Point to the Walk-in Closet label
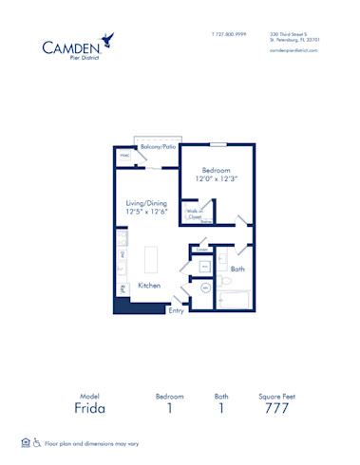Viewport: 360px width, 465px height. [195, 215]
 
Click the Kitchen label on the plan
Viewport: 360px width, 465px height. [149, 286]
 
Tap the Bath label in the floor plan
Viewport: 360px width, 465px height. [237, 269]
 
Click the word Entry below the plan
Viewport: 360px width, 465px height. [177, 310]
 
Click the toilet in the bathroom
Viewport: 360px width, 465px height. [219, 282]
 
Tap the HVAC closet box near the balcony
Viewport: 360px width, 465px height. [123, 156]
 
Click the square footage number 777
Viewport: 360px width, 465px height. [276, 408]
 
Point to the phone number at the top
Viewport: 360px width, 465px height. [228, 33]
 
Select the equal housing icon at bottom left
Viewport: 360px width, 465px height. [24, 443]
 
